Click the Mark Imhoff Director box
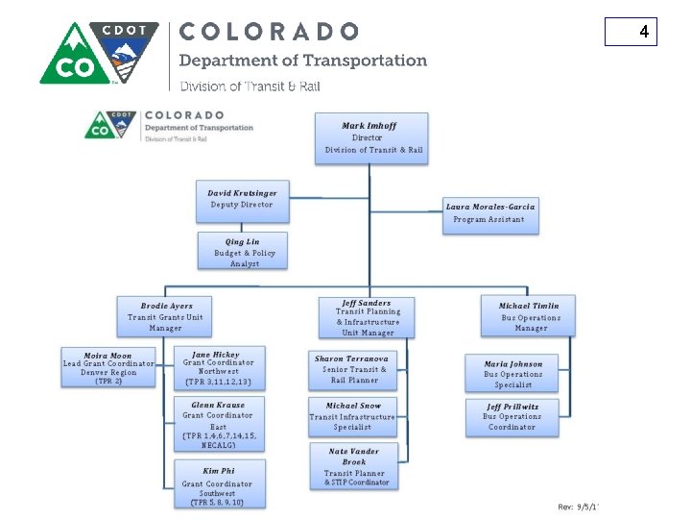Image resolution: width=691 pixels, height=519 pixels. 372,137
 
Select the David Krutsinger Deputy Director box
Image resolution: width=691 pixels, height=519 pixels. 242,200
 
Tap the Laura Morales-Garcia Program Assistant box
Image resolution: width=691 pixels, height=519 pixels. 490,213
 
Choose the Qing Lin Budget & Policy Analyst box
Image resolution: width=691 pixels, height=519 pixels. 244,252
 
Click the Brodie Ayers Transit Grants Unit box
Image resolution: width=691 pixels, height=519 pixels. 166,317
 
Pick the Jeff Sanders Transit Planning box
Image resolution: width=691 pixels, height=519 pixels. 367,317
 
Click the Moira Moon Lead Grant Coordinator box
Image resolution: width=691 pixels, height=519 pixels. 107,368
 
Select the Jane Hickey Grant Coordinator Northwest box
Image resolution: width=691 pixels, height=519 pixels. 218,368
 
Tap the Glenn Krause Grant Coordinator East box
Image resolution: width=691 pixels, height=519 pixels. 218,424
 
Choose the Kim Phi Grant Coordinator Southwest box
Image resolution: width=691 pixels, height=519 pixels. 218,484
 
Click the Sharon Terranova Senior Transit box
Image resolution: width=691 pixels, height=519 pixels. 354,369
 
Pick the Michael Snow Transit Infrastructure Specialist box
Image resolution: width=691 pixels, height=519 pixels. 352,417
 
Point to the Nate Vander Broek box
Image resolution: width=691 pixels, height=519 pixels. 352,466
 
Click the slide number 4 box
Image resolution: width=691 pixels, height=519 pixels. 631,33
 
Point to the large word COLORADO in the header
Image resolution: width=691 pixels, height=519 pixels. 270,32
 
